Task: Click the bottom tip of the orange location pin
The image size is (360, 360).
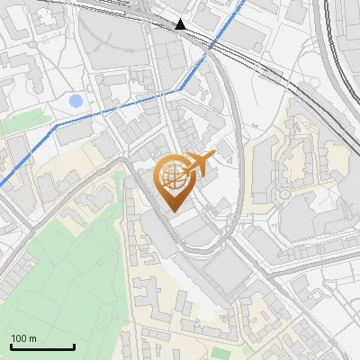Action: [172, 211]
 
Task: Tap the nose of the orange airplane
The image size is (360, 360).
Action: [215, 157]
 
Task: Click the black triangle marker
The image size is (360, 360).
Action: [182, 25]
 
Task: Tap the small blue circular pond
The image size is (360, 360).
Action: [76, 101]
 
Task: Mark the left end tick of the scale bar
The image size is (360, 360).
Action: [10, 346]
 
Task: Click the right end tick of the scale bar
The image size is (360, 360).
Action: [74, 346]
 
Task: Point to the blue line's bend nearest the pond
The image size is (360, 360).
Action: [55, 125]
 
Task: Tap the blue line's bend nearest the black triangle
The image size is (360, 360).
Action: [179, 89]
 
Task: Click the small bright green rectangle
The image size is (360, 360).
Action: [15, 125]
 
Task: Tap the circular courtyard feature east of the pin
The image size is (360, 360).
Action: [285, 193]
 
